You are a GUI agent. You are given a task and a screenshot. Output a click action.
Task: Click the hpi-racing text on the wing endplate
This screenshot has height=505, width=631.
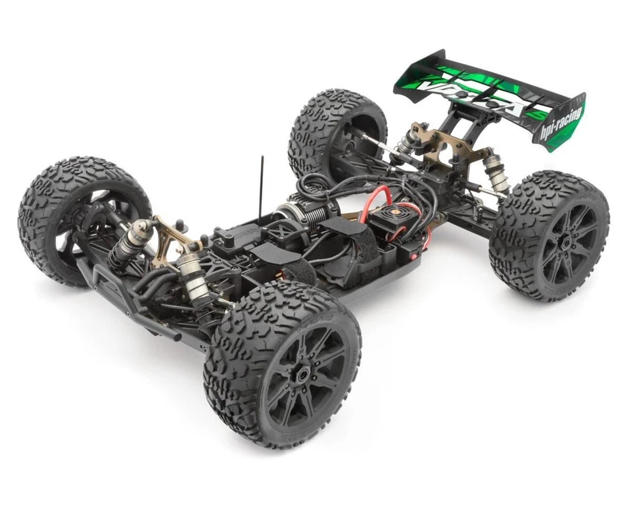pyautogui.click(x=561, y=122)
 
